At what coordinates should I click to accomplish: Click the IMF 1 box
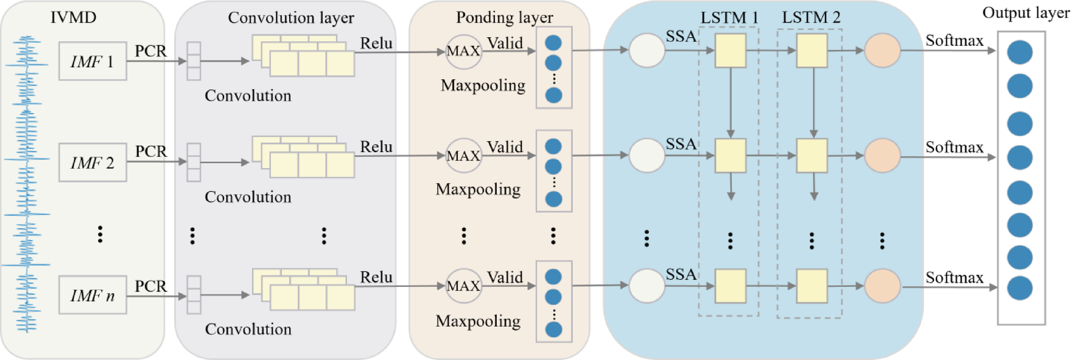coord(92,61)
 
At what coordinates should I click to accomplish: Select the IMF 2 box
coord(92,163)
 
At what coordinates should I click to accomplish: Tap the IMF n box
coord(92,295)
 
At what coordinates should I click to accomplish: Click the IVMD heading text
coord(73,17)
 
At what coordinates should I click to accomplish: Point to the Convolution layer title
coord(291,17)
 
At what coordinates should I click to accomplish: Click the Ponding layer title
coord(504,17)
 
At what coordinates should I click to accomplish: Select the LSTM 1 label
coord(729,17)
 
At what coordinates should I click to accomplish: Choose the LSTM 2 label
coord(811,17)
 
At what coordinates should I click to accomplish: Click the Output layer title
coord(1025,13)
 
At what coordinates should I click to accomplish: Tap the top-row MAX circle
coord(463,51)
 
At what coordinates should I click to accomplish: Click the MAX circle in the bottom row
coord(463,286)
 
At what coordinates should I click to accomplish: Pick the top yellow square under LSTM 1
coord(730,51)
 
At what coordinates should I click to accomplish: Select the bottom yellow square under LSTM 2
coord(812,286)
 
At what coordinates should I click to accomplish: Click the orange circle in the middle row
coord(882,156)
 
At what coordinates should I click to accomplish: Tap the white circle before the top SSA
coord(647,51)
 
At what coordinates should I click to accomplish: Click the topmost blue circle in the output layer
coord(1019,52)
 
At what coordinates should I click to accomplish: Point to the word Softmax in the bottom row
coord(954,278)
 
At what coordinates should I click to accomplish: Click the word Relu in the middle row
coord(376,147)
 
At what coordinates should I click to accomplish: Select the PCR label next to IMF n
coord(150,286)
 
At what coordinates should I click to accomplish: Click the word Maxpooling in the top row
coord(483,85)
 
